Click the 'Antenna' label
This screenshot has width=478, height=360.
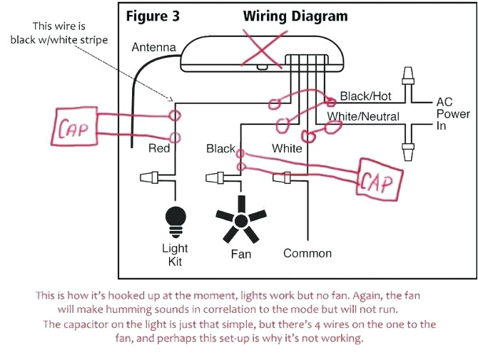point(153,48)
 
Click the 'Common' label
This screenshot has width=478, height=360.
point(307,253)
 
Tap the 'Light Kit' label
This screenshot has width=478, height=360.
point(175,254)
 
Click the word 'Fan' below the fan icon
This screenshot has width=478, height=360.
point(241,253)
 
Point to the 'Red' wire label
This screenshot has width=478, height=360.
point(158,148)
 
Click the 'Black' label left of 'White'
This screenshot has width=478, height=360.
point(220,148)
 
